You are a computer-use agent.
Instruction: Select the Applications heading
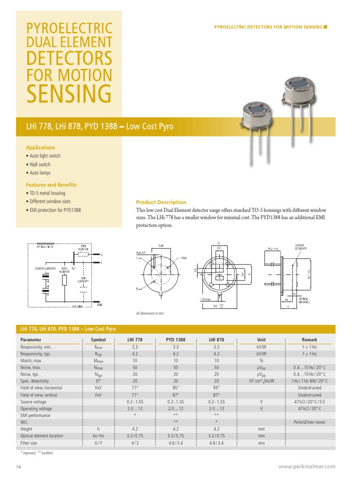pos(40,147)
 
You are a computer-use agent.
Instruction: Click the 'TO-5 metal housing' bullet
pos(47,193)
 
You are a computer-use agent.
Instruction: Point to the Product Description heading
pos(161,202)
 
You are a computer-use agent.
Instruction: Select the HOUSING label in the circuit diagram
pos(77,306)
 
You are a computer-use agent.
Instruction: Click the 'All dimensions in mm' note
pos(150,313)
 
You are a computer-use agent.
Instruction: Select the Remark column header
pos(309,340)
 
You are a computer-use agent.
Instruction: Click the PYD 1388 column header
pos(176,340)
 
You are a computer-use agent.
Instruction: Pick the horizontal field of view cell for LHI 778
pos(135,388)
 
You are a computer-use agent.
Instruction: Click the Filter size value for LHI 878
pos(216,442)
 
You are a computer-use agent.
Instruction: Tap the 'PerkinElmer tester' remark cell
pos(309,422)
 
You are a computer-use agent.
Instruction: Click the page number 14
pos(19,467)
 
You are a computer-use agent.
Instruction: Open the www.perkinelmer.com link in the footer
pos(307,466)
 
